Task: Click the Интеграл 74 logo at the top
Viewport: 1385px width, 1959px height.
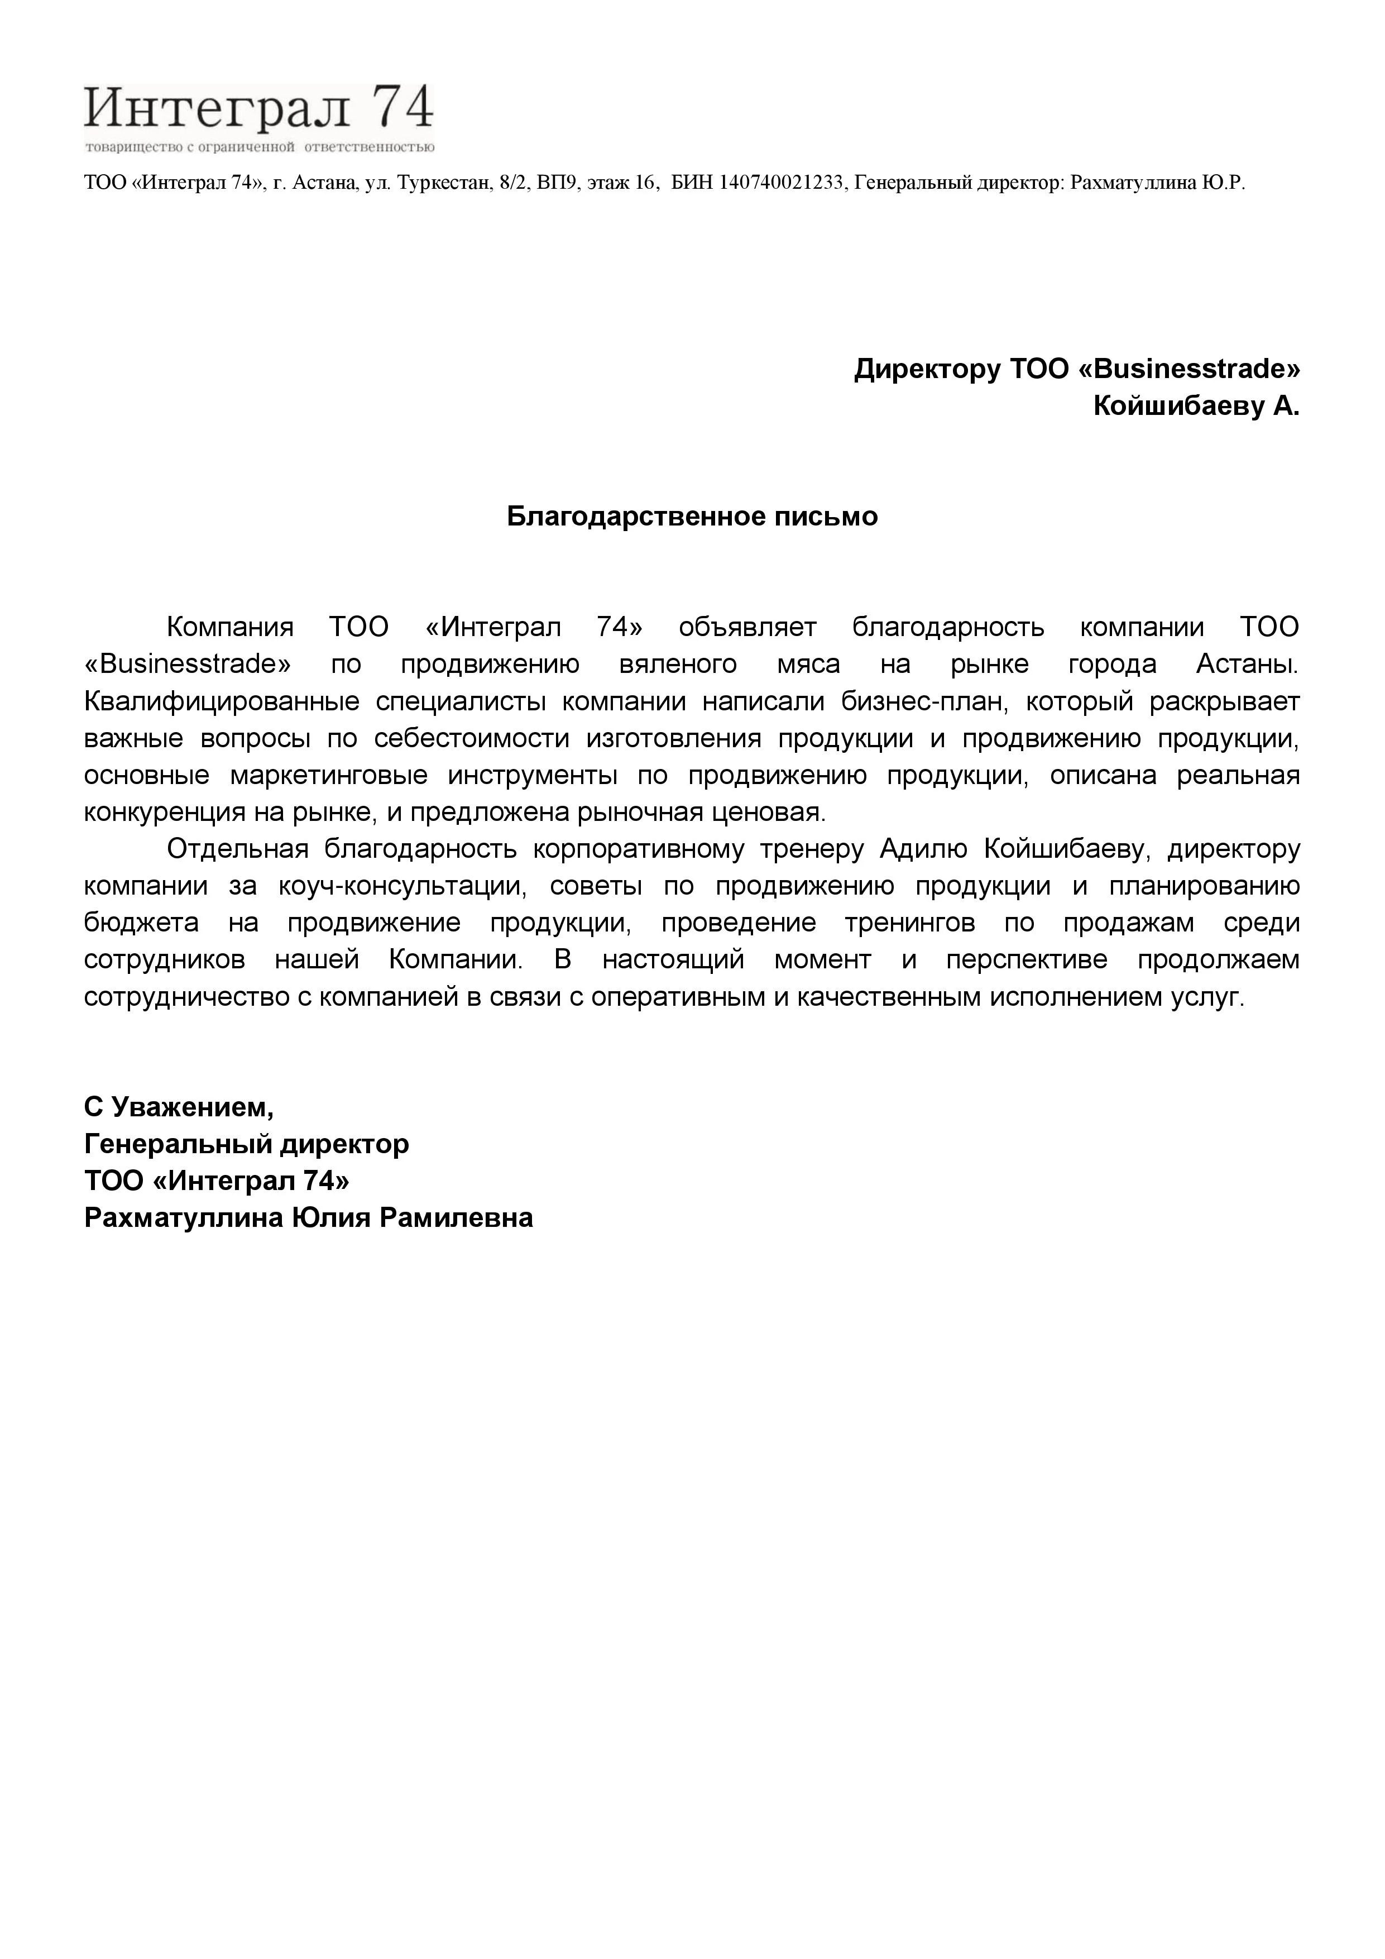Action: tap(258, 117)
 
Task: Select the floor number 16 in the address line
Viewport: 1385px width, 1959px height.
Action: tap(645, 183)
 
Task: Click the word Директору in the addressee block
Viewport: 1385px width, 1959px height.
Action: tap(927, 370)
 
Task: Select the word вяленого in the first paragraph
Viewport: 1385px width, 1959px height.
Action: tap(678, 664)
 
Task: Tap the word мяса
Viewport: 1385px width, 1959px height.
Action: tap(808, 664)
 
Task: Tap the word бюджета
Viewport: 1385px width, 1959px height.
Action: tap(142, 923)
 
